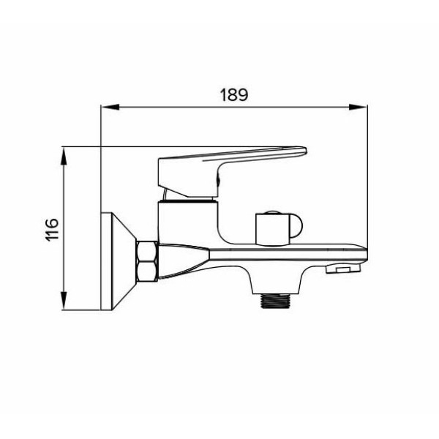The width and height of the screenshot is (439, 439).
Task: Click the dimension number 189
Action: point(234,94)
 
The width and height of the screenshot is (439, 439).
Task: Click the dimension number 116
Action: point(52,229)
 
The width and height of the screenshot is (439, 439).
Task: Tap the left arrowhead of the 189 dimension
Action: point(110,107)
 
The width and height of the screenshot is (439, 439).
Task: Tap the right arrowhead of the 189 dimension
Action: point(358,107)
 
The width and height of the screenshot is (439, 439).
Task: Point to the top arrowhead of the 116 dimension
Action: point(64,157)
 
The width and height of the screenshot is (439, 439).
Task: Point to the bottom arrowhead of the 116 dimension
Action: point(64,301)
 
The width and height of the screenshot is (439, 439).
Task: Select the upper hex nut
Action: point(147,251)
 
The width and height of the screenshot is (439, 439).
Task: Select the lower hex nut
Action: point(147,271)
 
